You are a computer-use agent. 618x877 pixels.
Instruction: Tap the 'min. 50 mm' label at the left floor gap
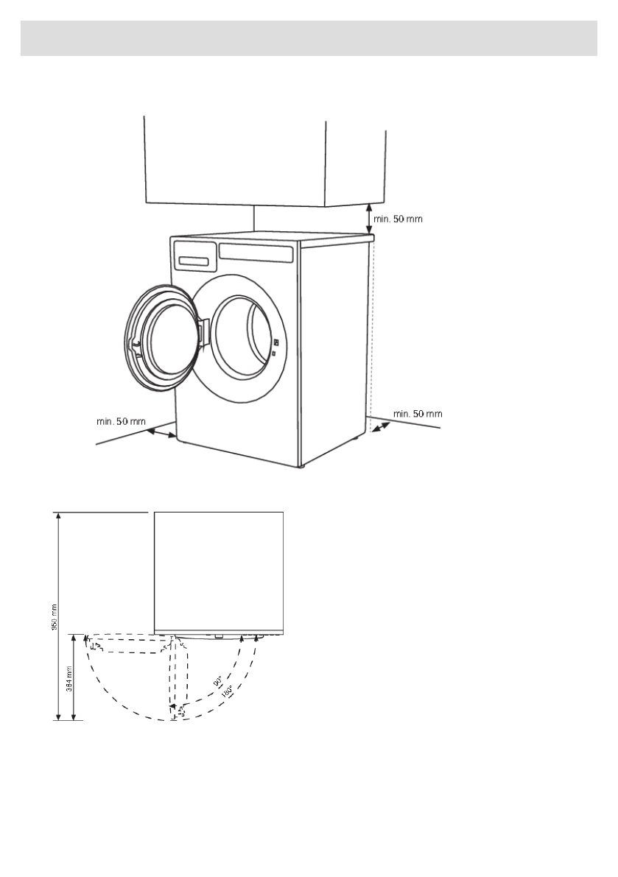121,421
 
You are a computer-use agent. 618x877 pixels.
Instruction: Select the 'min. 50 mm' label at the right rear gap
418,414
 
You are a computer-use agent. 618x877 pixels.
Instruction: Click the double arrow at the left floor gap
162,434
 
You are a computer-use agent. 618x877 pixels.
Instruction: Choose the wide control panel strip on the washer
256,252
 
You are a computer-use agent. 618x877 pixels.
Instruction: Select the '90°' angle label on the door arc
218,682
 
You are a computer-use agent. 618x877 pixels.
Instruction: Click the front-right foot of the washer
300,465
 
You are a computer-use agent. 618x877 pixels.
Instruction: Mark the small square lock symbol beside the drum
274,355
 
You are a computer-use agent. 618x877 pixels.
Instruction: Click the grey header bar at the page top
309,38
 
